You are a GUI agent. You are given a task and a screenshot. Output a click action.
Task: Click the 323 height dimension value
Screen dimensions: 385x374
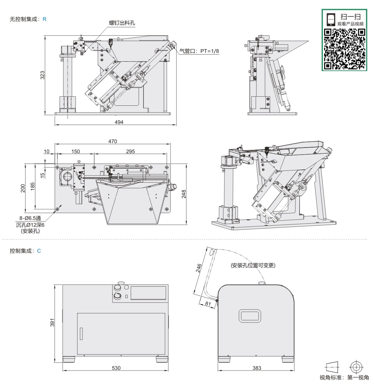point(42,75)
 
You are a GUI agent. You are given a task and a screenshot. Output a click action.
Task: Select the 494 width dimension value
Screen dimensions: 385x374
point(119,122)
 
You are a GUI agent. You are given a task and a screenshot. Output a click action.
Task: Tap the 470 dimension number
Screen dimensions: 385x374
point(113,141)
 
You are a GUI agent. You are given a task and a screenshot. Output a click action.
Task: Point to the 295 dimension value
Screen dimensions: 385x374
point(130,152)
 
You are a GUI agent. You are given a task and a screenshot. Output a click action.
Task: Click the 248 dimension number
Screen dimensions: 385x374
point(184,194)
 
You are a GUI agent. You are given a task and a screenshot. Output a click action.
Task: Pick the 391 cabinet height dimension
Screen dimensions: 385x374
point(52,323)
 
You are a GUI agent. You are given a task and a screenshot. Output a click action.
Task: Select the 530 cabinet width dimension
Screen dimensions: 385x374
point(116,368)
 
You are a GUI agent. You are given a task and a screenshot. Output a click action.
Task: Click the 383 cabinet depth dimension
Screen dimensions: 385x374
point(257,368)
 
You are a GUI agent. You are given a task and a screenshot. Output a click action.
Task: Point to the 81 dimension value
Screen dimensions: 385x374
point(208,304)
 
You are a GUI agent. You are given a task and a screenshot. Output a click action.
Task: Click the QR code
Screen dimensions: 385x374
point(345,49)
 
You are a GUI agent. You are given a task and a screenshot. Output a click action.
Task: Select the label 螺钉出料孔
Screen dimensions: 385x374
point(122,23)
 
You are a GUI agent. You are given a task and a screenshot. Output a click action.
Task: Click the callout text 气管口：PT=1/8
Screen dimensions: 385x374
point(199,51)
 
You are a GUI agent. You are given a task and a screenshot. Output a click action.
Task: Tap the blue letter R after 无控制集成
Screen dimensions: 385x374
point(44,19)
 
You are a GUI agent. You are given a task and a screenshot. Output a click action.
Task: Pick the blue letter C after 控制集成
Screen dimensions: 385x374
point(39,251)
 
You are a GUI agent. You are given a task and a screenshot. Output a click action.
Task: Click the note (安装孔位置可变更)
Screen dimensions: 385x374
point(253,265)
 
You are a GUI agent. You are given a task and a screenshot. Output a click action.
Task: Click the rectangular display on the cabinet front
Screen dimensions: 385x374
point(148,293)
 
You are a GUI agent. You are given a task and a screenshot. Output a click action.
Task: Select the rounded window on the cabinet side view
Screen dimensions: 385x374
point(250,316)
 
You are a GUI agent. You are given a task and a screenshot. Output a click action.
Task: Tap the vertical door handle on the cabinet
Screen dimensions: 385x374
point(81,333)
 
